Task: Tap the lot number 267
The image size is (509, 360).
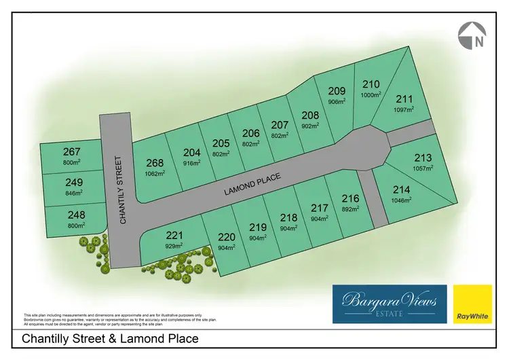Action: (72, 151)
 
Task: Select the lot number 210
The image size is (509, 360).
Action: (371, 84)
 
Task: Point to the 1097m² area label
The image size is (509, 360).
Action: (403, 109)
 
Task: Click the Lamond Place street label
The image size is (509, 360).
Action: (252, 183)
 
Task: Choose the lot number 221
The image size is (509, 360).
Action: (175, 236)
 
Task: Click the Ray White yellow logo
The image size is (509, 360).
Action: (473, 304)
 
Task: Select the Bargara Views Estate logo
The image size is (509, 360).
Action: (389, 303)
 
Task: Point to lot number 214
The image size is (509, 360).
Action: (401, 192)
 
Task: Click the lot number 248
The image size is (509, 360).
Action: (76, 215)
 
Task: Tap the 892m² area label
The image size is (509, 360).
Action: (350, 209)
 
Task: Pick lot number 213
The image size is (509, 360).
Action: (422, 158)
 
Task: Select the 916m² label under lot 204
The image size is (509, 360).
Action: (192, 163)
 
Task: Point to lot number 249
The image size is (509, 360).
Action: (74, 182)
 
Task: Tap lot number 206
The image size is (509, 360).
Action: (251, 133)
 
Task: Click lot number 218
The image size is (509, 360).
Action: (289, 217)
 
